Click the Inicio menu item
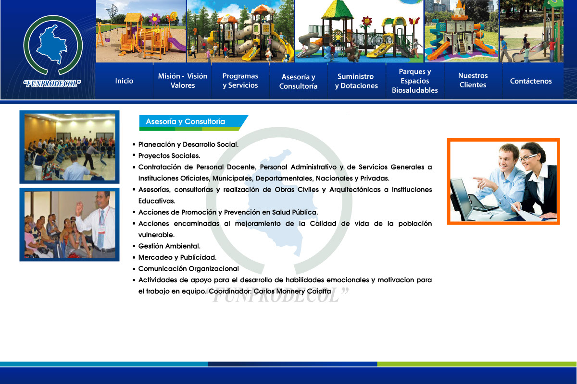pyautogui.click(x=124, y=81)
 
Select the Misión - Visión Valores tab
pyautogui.click(x=183, y=81)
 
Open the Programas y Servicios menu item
pyautogui.click(x=240, y=81)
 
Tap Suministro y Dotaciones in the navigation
pyautogui.click(x=356, y=81)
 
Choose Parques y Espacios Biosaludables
pyautogui.click(x=414, y=81)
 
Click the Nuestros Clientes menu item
pyautogui.click(x=473, y=80)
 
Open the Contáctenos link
pyautogui.click(x=531, y=81)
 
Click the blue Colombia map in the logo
pyautogui.click(x=52, y=44)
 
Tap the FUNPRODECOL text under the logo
pyautogui.click(x=52, y=84)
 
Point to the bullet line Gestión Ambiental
pyautogui.click(x=169, y=246)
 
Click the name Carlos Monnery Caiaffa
pyautogui.click(x=292, y=291)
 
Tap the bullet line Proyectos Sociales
pyautogui.click(x=169, y=156)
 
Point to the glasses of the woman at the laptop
pyautogui.click(x=527, y=157)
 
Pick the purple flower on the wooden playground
pyautogui.click(x=154, y=19)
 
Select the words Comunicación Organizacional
pyautogui.click(x=188, y=269)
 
